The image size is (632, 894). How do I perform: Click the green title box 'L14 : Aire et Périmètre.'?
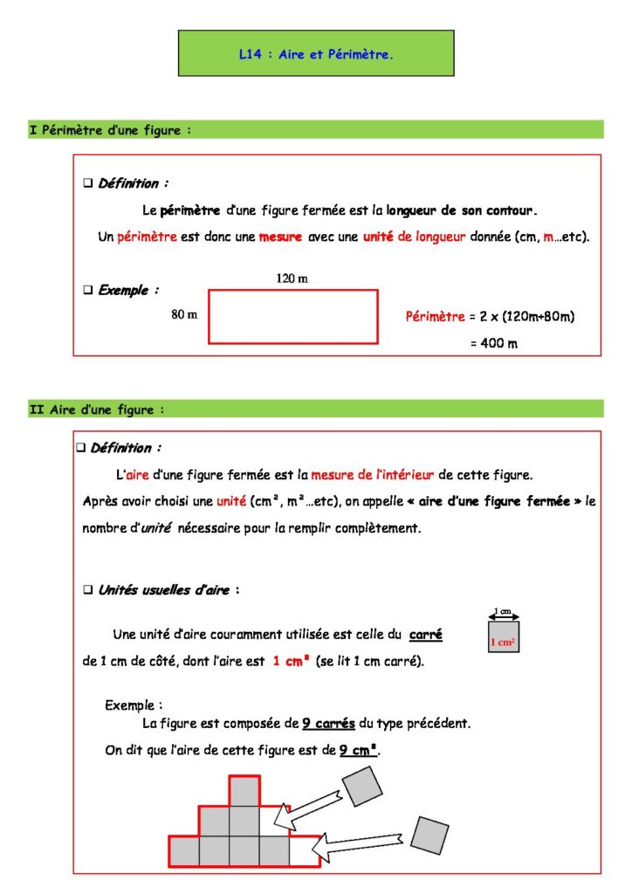click(x=316, y=53)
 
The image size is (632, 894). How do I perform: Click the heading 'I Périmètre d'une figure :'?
click(x=110, y=130)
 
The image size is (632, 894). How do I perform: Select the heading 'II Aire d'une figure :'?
click(x=97, y=409)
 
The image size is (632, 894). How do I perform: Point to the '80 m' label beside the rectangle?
click(x=184, y=315)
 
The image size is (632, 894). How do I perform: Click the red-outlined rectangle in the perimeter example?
click(x=292, y=317)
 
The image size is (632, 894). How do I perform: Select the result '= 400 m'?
click(x=493, y=343)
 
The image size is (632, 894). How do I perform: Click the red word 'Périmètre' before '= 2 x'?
click(x=435, y=317)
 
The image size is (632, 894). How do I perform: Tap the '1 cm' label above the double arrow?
click(x=503, y=611)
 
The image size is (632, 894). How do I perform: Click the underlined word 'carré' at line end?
click(x=426, y=635)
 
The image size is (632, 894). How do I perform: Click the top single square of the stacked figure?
click(x=244, y=791)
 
